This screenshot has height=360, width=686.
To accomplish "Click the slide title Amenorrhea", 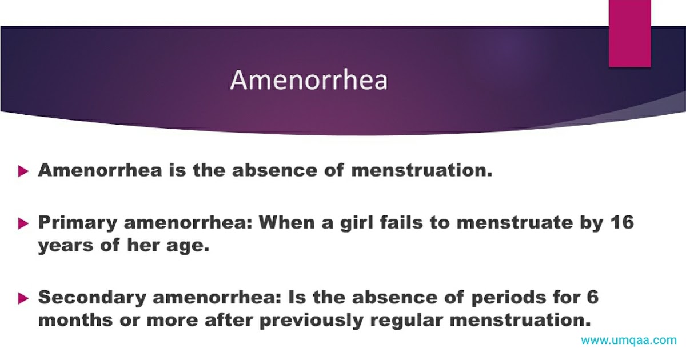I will click(309, 81).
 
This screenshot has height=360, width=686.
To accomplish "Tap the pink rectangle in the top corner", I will click(629, 33).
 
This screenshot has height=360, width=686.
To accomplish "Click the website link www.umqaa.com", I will click(629, 341).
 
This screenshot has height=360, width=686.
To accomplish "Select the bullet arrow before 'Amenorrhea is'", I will click(23, 171).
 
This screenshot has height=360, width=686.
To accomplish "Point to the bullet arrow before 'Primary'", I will click(23, 223).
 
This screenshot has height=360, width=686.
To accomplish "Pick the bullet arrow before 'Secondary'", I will click(23, 298).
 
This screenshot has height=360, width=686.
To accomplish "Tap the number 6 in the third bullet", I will click(592, 297).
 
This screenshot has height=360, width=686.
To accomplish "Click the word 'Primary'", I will click(77, 222).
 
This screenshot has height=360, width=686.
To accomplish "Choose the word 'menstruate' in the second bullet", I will click(514, 222).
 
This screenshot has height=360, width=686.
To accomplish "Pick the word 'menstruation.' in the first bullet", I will click(421, 170).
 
